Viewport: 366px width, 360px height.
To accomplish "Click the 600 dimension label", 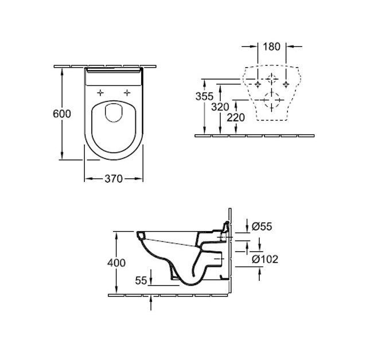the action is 62,114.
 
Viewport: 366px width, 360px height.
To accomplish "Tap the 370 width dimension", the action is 114,179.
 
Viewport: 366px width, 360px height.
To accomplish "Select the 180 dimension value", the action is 272,46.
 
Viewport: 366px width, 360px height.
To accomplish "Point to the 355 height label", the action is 204,96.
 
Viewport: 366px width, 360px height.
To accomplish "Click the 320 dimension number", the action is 220,107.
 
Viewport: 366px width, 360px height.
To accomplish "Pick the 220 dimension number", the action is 236,118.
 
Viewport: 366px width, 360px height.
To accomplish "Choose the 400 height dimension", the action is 116,263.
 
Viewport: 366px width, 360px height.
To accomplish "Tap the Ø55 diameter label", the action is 262,226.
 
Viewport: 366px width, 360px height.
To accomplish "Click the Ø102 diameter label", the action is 265,259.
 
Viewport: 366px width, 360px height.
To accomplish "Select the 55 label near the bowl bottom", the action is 141,280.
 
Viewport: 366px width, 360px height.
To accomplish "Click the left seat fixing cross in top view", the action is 100,93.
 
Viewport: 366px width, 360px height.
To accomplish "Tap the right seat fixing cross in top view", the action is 127,93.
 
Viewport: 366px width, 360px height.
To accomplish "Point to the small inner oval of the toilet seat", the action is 114,113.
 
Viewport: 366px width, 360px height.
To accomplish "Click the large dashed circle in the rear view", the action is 271,100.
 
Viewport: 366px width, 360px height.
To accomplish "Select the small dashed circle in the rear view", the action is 272,79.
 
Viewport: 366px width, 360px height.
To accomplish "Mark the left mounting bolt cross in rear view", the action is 258,84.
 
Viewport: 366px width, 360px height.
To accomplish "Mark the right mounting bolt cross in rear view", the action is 286,84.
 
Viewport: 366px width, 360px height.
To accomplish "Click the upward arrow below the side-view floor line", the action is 151,303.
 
